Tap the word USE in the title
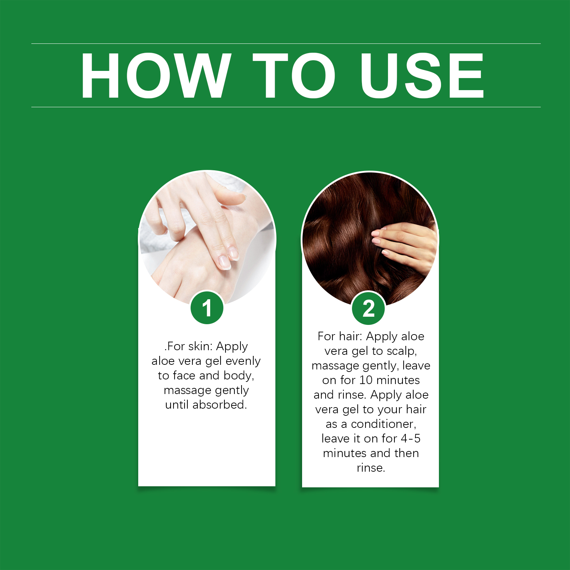click(x=423, y=75)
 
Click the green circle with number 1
click(x=207, y=308)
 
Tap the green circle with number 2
click(x=369, y=309)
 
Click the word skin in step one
click(x=199, y=346)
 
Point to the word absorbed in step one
click(x=219, y=405)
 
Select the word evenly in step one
click(x=243, y=362)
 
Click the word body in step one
click(x=239, y=376)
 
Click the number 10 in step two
click(x=366, y=380)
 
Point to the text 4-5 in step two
click(x=411, y=439)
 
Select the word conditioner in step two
click(x=384, y=424)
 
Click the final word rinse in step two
click(x=371, y=468)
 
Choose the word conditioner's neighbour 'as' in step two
click(x=331, y=424)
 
